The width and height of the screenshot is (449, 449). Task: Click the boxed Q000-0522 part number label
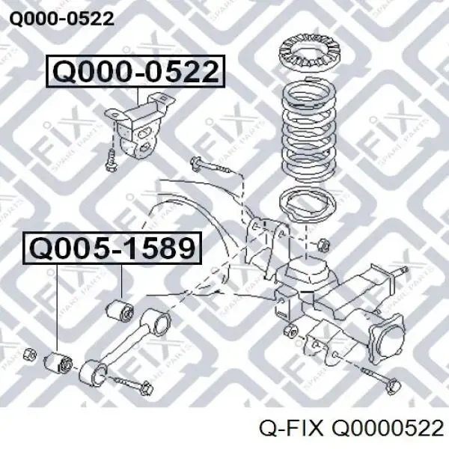(135, 71)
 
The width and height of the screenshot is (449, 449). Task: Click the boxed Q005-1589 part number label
(112, 248)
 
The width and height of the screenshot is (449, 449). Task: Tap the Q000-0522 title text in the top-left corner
(62, 19)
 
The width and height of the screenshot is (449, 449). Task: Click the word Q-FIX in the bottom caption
(290, 429)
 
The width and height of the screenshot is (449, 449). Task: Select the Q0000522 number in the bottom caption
(388, 429)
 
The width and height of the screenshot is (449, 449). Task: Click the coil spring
(309, 130)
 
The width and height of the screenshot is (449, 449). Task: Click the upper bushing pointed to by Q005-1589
(120, 310)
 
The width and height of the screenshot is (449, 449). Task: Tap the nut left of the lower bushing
(30, 354)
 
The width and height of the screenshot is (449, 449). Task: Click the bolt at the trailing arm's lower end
(132, 385)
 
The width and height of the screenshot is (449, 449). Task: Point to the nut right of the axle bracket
(323, 245)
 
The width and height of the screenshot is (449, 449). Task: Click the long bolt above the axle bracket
(213, 167)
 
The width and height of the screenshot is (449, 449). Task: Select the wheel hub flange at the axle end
(387, 340)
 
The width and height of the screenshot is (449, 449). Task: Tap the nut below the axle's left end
(290, 330)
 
